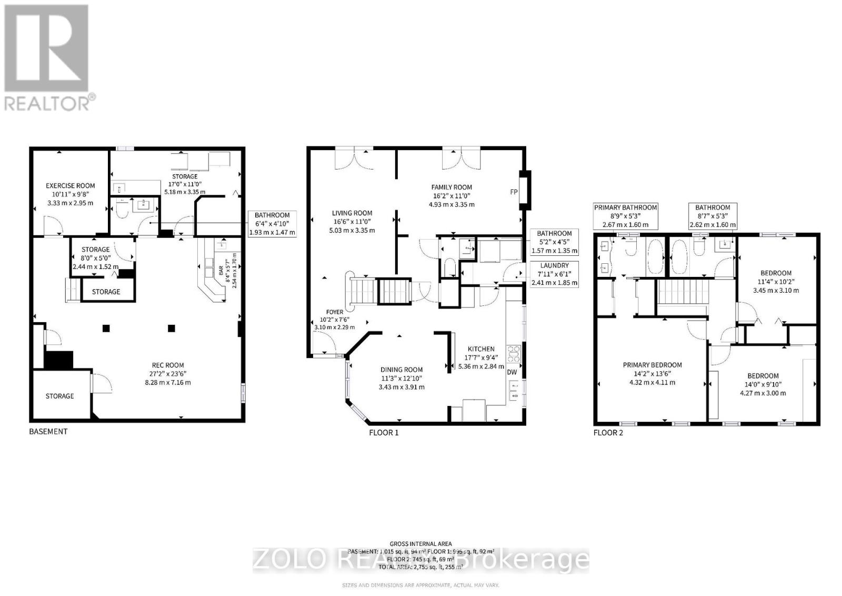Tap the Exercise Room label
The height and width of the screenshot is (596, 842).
tap(71, 185)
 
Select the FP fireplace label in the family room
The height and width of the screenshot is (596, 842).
tap(514, 192)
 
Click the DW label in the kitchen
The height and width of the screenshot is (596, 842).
tap(512, 372)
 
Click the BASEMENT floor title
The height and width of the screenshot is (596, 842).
tap(48, 431)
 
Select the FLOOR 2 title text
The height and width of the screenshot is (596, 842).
tap(608, 433)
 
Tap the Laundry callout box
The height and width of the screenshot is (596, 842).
tap(554, 274)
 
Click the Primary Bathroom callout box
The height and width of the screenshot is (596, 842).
tap(625, 216)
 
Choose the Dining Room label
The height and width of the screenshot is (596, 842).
tap(402, 370)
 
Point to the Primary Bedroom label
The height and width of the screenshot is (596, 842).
tap(652, 365)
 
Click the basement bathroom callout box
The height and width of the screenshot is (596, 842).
tap(272, 223)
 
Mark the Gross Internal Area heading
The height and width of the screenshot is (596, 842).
tap(420, 544)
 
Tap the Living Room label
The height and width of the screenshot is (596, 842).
tap(352, 213)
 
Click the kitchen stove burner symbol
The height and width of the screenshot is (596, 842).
tap(514, 353)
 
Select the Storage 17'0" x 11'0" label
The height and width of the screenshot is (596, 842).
tap(185, 176)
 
